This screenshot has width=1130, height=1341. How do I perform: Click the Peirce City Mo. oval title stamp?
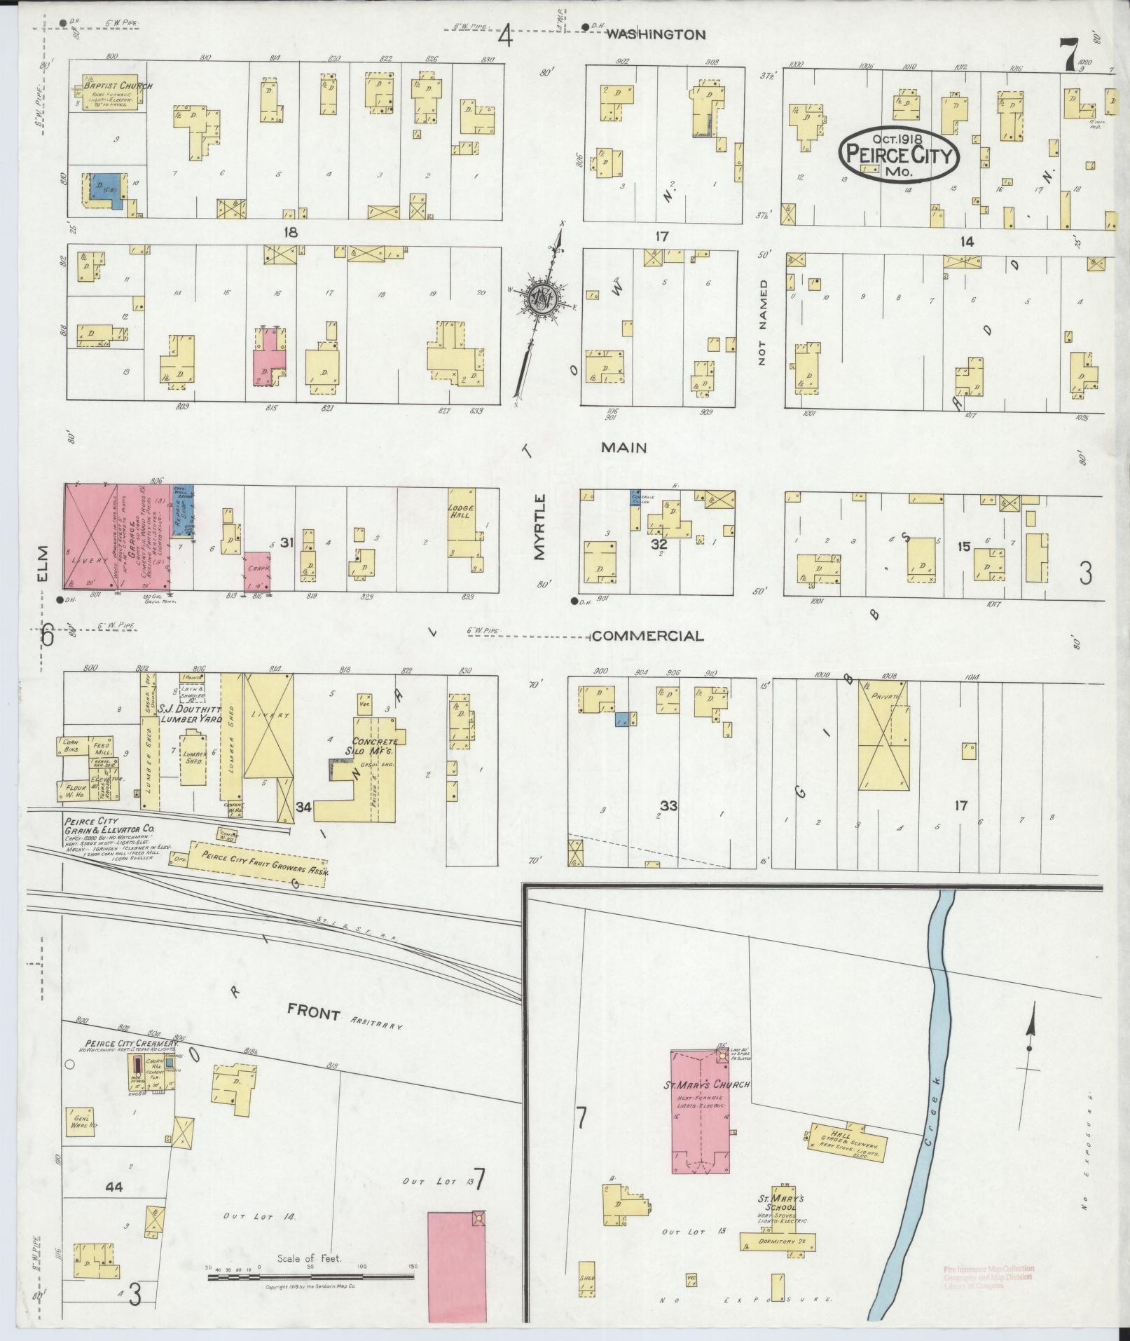pos(899,154)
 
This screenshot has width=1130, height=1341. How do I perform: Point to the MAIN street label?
pos(626,447)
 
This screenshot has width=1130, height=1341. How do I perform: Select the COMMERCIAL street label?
pos(647,636)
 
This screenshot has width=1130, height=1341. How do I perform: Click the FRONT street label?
pos(313,1014)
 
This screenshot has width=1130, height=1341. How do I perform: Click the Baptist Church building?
pos(109,96)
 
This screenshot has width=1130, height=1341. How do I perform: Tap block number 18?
pos(289,233)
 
